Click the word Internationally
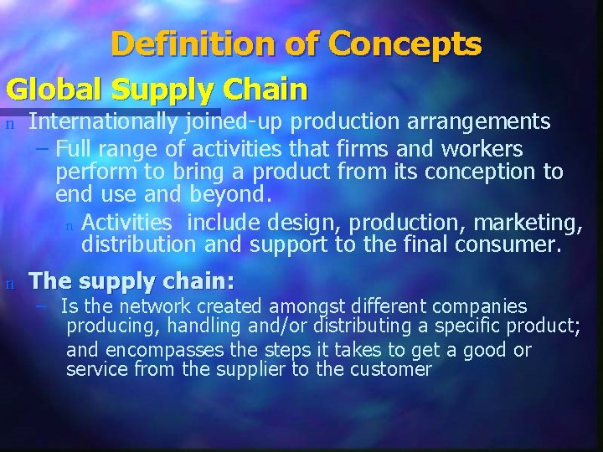pyautogui.click(x=102, y=122)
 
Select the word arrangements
pyautogui.click(x=478, y=122)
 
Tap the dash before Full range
pyautogui.click(x=43, y=149)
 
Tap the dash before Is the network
pyautogui.click(x=43, y=306)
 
